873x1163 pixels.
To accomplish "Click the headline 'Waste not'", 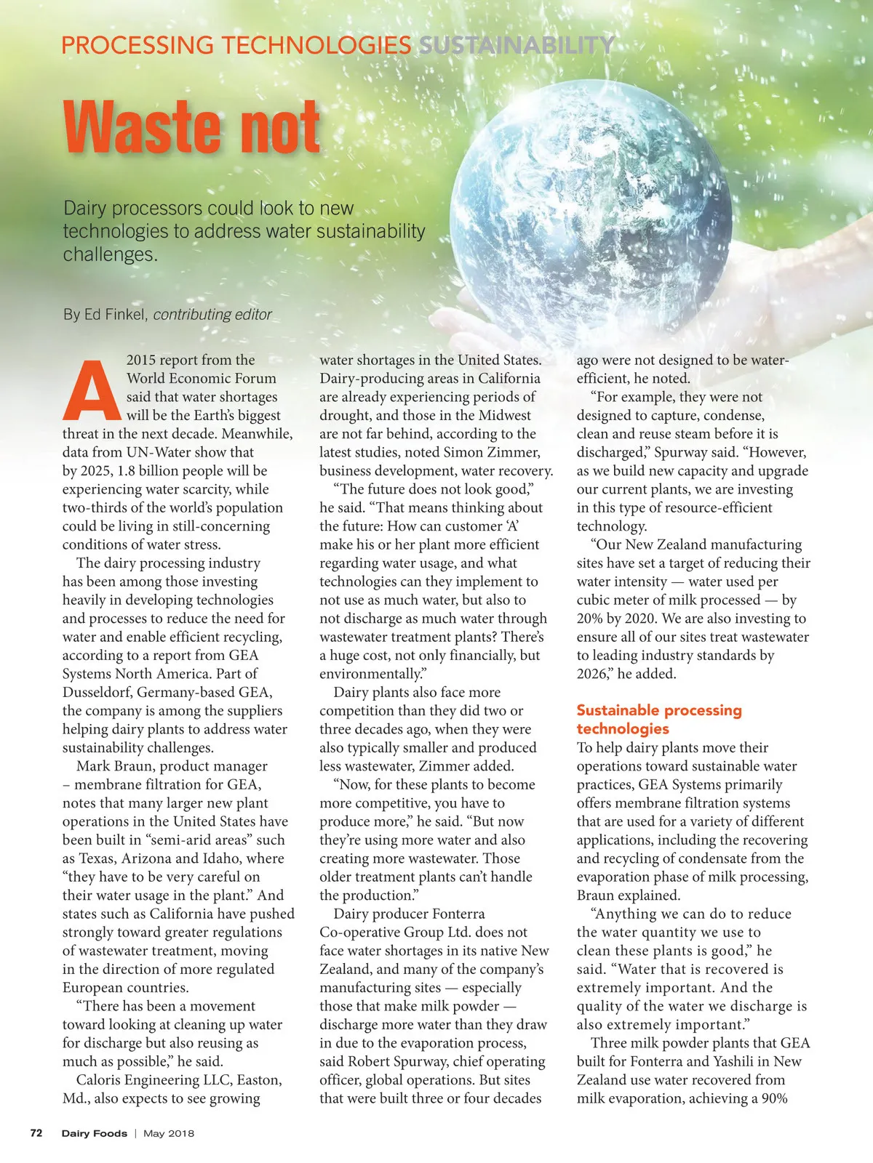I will (x=191, y=128).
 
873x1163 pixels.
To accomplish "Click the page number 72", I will (x=36, y=1132).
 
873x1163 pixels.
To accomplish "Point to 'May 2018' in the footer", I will (x=169, y=1133).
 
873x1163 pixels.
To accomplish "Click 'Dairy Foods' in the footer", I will (x=94, y=1133).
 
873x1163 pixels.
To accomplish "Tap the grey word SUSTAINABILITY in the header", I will (x=517, y=46).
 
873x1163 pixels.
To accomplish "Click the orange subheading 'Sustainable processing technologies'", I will (x=658, y=719).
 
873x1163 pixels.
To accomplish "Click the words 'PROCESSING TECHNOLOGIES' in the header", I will (x=236, y=46).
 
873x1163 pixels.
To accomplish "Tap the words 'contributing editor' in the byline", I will (x=212, y=315).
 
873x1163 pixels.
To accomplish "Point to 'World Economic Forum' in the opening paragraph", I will (x=201, y=378).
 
